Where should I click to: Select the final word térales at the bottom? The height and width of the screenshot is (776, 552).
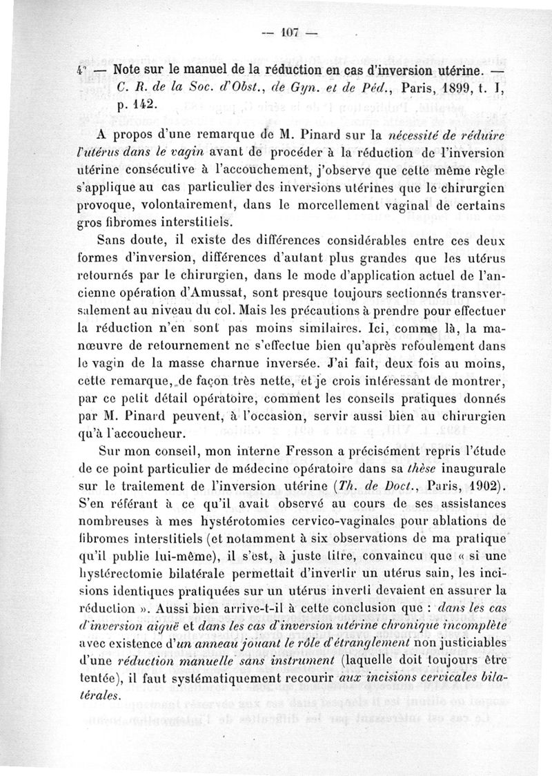click(x=96, y=695)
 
